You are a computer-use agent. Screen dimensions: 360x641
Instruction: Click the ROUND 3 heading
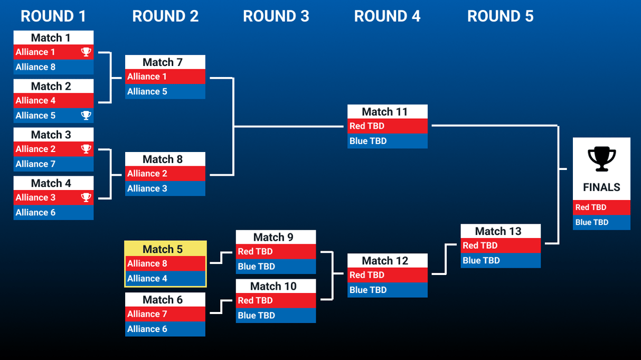[x=276, y=16]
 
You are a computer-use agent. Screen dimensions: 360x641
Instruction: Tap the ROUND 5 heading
[x=500, y=16]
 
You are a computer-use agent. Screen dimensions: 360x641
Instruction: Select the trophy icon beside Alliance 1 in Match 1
[x=86, y=52]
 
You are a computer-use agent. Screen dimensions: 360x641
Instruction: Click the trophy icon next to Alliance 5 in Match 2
[x=86, y=115]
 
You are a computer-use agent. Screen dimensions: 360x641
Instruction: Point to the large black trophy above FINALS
[x=601, y=159]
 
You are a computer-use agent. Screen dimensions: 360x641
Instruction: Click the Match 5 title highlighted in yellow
[x=165, y=249]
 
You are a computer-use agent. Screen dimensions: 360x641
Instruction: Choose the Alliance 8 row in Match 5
[x=165, y=263]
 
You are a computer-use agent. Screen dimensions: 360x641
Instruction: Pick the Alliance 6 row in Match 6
[x=165, y=329]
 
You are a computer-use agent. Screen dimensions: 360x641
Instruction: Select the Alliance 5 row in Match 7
[x=165, y=91]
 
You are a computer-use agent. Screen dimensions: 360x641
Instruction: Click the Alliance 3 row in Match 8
[x=165, y=188]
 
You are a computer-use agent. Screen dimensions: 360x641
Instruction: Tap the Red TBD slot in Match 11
[x=387, y=126]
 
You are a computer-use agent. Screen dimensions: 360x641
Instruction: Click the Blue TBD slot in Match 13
[x=501, y=260]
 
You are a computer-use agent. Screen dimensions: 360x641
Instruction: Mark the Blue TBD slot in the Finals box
[x=601, y=222]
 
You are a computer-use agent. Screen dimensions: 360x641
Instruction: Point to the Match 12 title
[x=387, y=261]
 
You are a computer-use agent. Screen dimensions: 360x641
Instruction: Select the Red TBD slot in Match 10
[x=276, y=300]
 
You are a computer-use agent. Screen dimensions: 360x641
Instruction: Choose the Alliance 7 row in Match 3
[x=53, y=164]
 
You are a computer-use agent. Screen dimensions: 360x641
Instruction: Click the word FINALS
[x=601, y=187]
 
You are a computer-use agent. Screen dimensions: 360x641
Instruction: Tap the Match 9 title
[x=276, y=238]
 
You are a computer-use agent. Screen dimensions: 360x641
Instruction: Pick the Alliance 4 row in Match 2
[x=53, y=100]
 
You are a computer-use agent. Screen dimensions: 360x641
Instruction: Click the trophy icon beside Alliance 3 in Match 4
[x=86, y=197]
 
